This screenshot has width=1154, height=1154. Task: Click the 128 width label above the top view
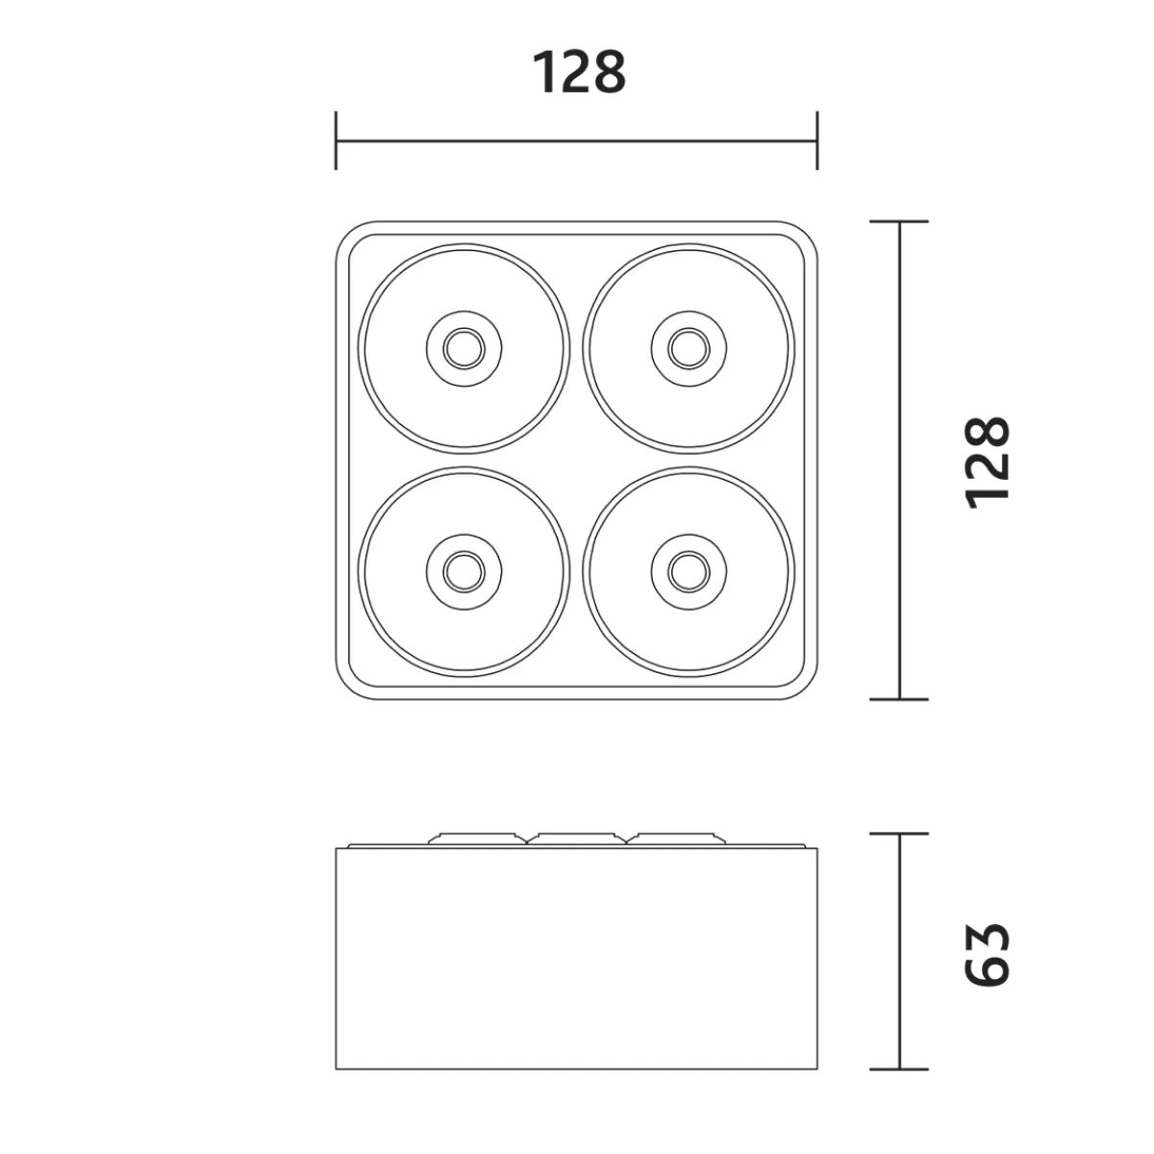(x=579, y=72)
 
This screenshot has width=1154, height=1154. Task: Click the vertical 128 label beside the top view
(x=987, y=463)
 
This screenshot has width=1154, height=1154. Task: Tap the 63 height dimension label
(x=987, y=955)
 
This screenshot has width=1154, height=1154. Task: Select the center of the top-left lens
(x=464, y=348)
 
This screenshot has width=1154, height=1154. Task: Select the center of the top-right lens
(x=689, y=348)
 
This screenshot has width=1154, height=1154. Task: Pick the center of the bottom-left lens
(x=464, y=572)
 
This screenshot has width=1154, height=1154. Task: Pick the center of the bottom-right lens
(x=689, y=572)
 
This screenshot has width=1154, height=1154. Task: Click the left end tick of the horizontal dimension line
(x=336, y=140)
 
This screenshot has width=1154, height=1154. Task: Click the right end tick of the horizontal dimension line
(x=816, y=140)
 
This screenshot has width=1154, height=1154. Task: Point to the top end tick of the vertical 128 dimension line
(x=899, y=221)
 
